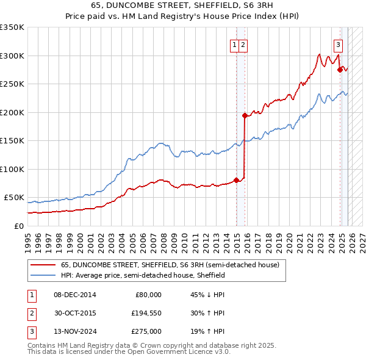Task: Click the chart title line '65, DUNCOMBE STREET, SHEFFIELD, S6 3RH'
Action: [x=183, y=5]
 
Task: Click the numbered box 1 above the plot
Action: [x=234, y=44]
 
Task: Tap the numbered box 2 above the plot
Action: [x=243, y=44]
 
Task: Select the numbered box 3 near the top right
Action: [x=338, y=44]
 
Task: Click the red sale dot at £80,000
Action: [x=236, y=180]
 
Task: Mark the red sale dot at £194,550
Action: [x=245, y=115]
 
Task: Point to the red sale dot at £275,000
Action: [x=340, y=70]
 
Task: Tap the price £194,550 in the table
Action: [x=147, y=313]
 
